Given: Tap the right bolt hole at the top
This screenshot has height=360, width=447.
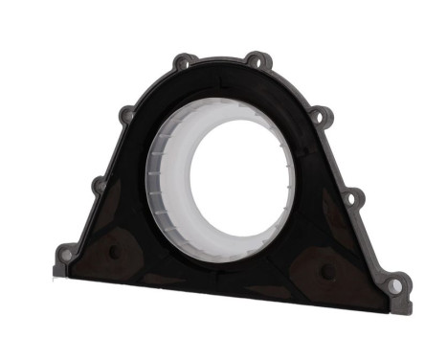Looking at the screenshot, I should click(x=255, y=58).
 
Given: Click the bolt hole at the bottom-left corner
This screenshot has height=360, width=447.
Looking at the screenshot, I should click(x=66, y=254).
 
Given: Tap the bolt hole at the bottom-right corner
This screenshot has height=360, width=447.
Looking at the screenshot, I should click(x=394, y=283).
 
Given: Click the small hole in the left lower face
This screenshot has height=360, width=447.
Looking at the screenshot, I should click(x=116, y=252).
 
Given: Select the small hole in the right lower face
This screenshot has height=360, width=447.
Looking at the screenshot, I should click(x=328, y=271).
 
